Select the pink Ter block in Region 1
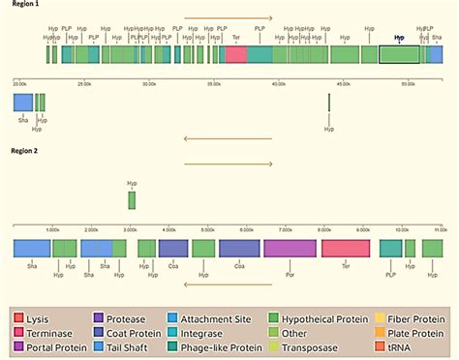coord(236,55)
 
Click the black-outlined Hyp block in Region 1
coord(399,55)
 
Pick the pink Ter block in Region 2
coord(346,249)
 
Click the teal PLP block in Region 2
coord(391,249)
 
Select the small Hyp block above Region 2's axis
coord(132,199)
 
